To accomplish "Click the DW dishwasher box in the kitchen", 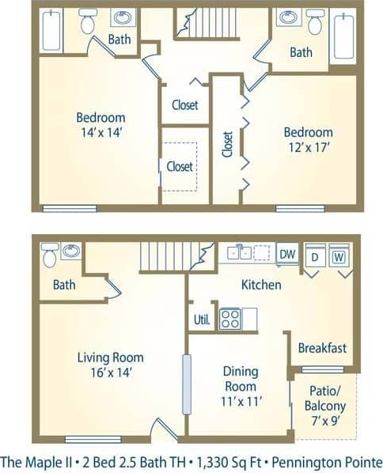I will tap(287, 253).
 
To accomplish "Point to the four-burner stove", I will tap(230, 319).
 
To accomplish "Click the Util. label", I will tap(202, 320).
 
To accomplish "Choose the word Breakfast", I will tap(322, 347).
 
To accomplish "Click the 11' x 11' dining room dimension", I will tap(239, 401).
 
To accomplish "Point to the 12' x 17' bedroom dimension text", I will tap(308, 146).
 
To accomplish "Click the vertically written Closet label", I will tap(228, 144).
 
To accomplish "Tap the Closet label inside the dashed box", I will tap(180, 165).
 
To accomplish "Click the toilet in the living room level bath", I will tap(49, 255).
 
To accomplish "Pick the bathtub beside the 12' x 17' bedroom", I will tap(344, 35).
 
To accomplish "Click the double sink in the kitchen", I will tap(241, 253).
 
